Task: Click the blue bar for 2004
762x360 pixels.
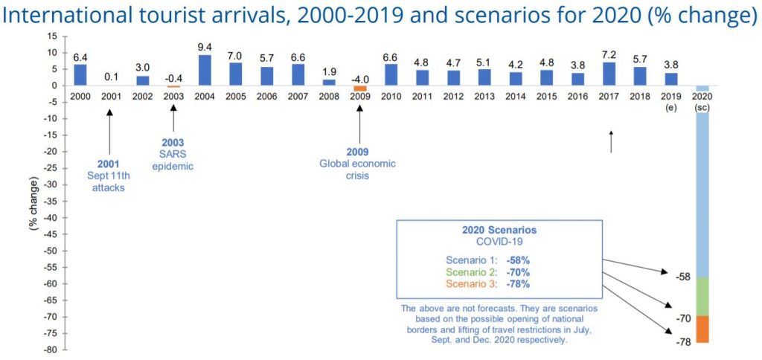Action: [205, 70]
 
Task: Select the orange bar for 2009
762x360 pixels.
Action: [359, 89]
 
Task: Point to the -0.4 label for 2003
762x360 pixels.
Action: [173, 77]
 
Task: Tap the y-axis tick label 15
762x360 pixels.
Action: [52, 36]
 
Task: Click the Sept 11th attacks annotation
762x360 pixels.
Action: [109, 181]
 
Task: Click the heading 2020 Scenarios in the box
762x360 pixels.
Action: [500, 229]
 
